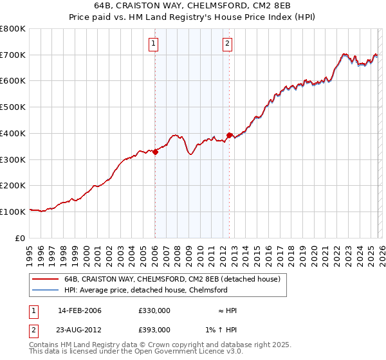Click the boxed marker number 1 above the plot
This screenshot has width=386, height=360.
[154, 44]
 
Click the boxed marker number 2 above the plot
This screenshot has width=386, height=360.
[228, 44]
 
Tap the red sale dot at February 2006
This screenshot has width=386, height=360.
[155, 152]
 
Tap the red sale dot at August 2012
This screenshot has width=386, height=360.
[229, 136]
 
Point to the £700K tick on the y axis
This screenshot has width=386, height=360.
[13, 55]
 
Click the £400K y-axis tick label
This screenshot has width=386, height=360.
[13, 134]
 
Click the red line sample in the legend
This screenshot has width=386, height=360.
[45, 280]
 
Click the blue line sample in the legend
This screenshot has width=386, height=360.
[45, 291]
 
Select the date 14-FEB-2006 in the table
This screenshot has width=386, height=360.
[80, 310]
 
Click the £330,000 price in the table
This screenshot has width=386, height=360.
[154, 310]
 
